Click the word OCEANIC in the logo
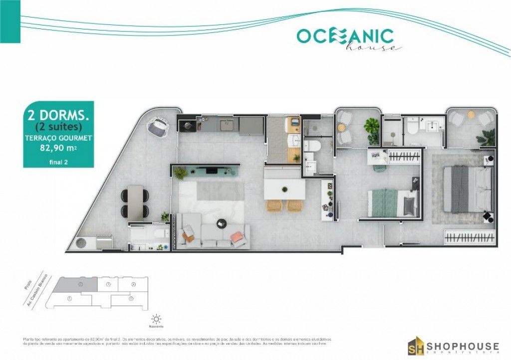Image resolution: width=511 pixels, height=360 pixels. click(345, 36)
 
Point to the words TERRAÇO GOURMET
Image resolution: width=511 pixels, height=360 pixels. click(56, 138)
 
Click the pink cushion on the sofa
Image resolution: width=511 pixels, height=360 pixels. click(237, 236)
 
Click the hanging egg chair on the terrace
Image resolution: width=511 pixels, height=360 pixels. click(158, 126)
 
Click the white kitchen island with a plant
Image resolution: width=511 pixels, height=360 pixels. click(284, 189)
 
